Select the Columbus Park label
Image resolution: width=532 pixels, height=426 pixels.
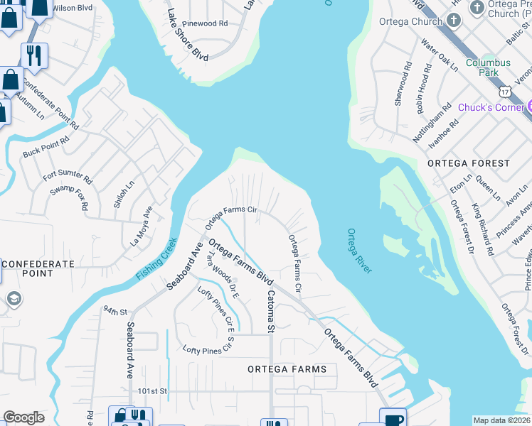point(488,67)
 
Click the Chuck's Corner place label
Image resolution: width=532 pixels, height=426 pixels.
point(490,107)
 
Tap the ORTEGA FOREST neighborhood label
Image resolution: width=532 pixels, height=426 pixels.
point(469,163)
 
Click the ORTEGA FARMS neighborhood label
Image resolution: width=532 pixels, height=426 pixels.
point(287,369)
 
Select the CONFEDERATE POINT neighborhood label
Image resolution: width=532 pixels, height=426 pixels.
point(37,268)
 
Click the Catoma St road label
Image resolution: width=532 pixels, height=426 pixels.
point(270,310)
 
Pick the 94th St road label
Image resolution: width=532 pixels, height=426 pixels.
point(114,311)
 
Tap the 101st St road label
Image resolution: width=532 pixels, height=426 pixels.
point(152,391)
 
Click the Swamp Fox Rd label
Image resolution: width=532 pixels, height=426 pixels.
point(68,200)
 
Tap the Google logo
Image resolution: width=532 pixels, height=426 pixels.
point(24,417)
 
